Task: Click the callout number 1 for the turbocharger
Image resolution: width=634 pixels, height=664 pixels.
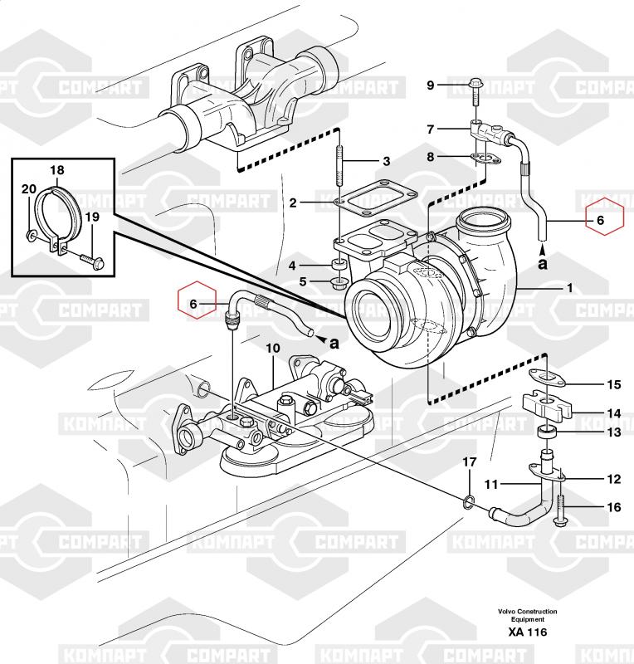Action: click(x=570, y=288)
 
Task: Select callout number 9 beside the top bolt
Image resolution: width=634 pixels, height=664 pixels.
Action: click(x=431, y=85)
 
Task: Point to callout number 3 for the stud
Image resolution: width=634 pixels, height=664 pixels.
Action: click(x=386, y=161)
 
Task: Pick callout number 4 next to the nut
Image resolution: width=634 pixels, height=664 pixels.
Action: click(x=292, y=266)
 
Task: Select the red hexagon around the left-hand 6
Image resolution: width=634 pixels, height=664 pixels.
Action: click(x=198, y=305)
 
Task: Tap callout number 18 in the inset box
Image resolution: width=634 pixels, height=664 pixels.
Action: click(x=56, y=171)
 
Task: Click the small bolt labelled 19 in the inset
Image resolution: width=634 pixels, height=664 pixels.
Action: click(x=89, y=262)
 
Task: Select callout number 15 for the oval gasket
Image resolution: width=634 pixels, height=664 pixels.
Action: click(x=613, y=384)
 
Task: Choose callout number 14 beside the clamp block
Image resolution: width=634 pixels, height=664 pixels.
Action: click(x=613, y=413)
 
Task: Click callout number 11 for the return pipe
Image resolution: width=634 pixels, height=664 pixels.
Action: click(x=490, y=484)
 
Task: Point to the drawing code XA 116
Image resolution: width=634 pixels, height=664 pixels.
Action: click(x=528, y=633)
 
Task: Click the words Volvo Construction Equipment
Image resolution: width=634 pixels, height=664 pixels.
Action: click(x=528, y=615)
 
